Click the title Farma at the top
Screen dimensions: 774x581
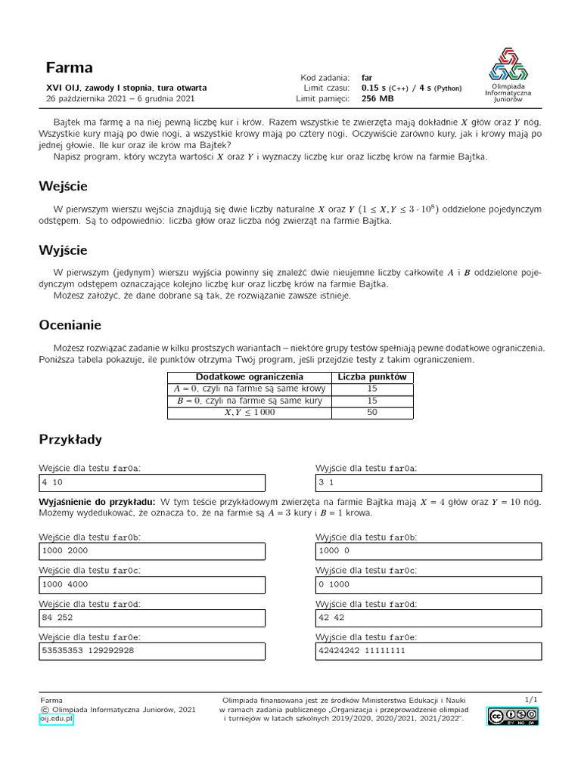69,67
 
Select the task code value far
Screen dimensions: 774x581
367,77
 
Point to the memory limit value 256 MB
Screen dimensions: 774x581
377,98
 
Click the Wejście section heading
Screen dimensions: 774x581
64,186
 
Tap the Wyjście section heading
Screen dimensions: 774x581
64,249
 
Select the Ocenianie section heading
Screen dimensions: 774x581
70,325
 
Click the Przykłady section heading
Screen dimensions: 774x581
70,439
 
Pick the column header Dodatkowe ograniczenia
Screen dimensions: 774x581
250,376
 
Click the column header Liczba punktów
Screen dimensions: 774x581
372,376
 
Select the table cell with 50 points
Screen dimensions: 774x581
372,413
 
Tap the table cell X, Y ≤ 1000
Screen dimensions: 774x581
250,413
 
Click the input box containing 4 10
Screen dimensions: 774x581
152,482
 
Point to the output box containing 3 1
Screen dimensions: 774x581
428,482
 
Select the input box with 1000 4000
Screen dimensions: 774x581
152,584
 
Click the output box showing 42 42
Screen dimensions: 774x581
428,618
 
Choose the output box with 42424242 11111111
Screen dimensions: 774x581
428,651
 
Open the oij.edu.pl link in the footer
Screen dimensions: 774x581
56,720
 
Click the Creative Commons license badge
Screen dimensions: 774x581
512,717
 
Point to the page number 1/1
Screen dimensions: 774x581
531,700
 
